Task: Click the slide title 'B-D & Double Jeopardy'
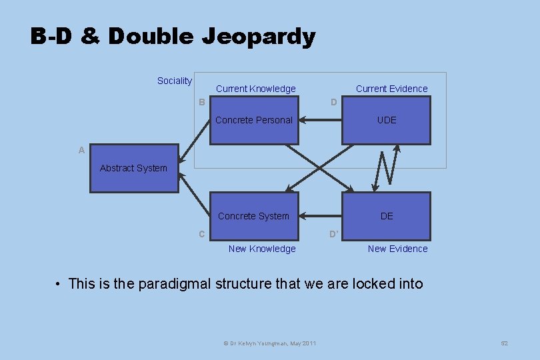click(x=173, y=36)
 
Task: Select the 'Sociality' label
click(x=174, y=81)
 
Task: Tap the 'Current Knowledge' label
click(x=255, y=89)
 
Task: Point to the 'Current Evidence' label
click(x=391, y=89)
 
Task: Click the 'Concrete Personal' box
click(x=254, y=121)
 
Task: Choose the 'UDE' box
click(x=386, y=121)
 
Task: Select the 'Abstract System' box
click(x=134, y=169)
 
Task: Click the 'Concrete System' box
click(x=254, y=216)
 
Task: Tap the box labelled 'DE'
click(x=386, y=216)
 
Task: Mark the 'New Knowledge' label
click(x=262, y=249)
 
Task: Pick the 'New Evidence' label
click(x=397, y=249)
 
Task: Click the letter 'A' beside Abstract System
click(x=81, y=151)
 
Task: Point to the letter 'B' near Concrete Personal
click(x=201, y=102)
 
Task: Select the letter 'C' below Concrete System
click(x=201, y=234)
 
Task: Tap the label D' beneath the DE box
click(x=334, y=234)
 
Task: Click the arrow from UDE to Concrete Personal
click(x=320, y=121)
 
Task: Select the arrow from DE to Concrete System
click(x=320, y=216)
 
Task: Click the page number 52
click(x=504, y=343)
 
